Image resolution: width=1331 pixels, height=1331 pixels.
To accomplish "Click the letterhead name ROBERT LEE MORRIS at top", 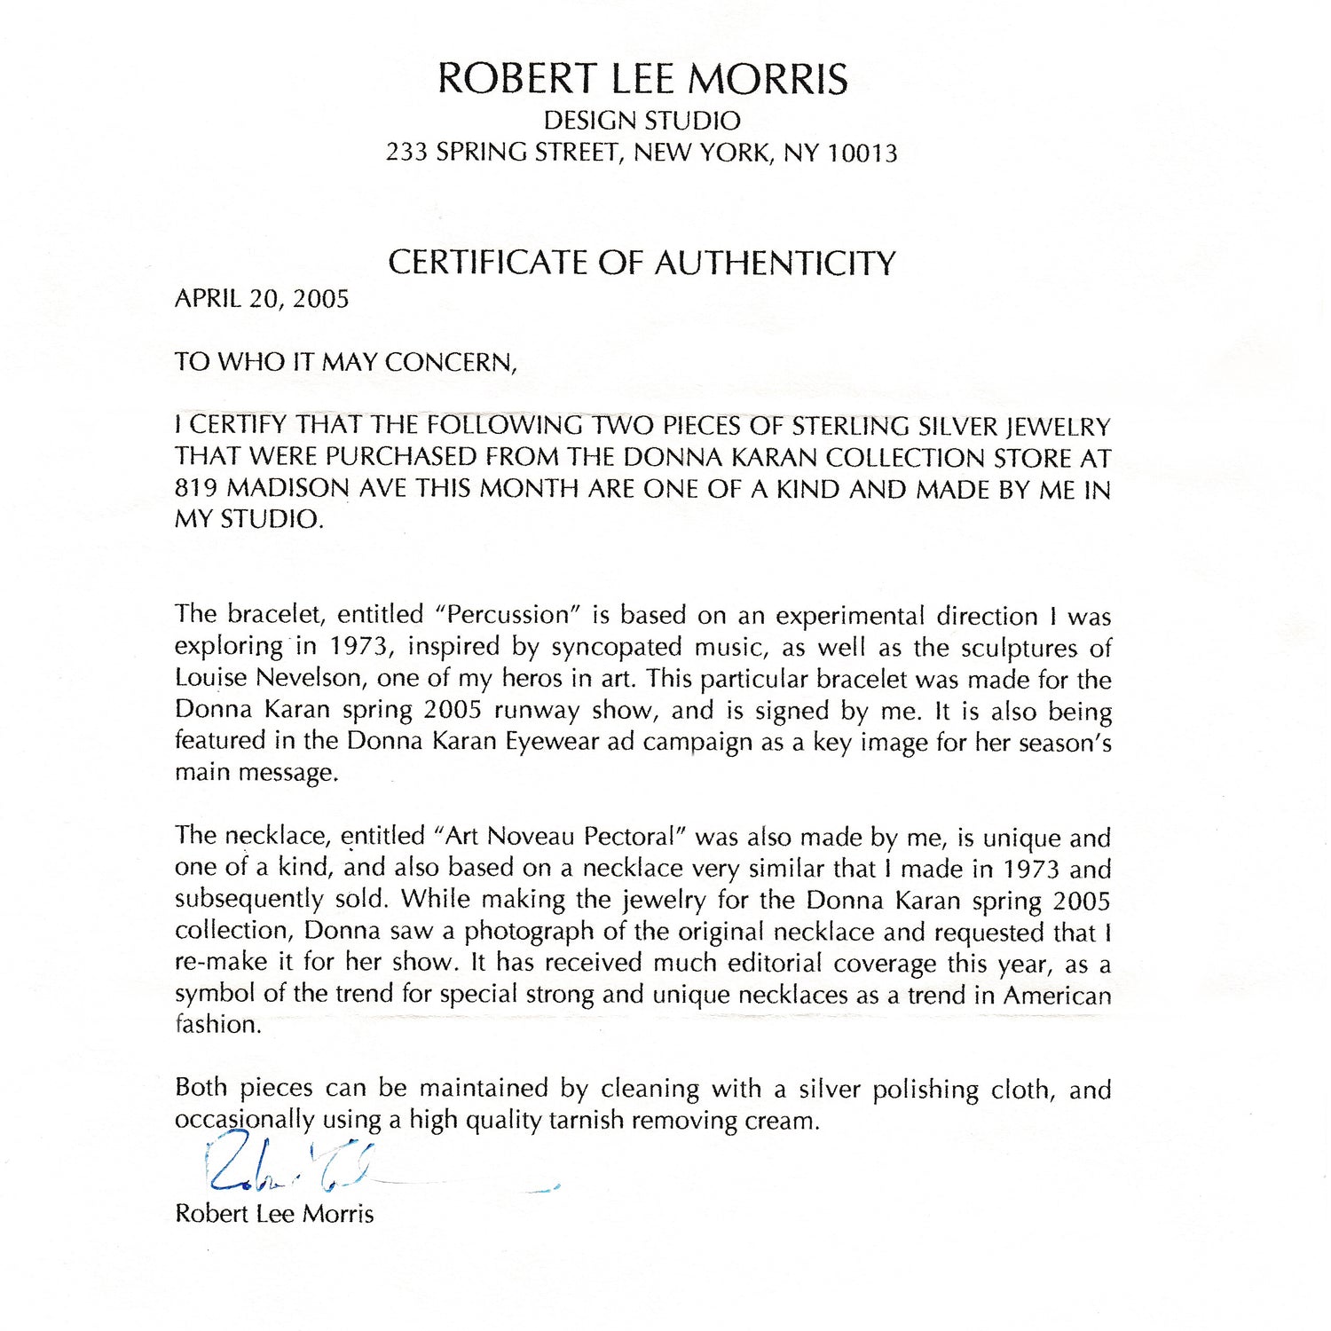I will click(642, 78).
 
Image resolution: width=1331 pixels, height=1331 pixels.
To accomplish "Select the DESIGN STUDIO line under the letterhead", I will click(642, 121).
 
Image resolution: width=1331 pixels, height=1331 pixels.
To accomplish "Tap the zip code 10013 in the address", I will click(862, 154).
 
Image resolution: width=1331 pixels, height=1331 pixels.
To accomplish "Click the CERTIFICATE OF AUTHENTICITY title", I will click(642, 263).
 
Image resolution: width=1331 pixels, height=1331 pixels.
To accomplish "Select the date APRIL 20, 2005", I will click(262, 298).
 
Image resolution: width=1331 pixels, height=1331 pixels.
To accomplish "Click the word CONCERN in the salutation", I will click(450, 362).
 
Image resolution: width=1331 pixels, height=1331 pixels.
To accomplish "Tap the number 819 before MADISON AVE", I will click(197, 489).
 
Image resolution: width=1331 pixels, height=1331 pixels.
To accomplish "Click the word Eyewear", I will click(552, 741).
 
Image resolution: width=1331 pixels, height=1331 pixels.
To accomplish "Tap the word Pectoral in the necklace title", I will click(631, 837).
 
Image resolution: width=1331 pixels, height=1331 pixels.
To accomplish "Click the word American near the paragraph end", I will click(1057, 995).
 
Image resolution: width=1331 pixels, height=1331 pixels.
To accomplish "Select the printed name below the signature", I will click(274, 1214).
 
